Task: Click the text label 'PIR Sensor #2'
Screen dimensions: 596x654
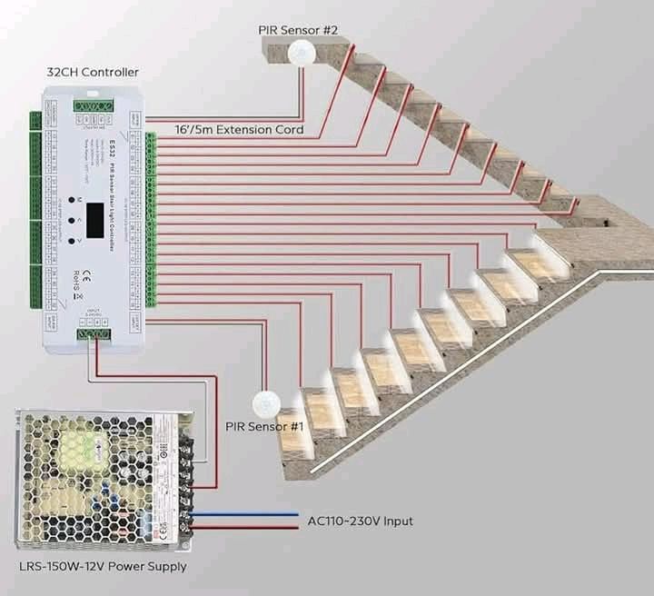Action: (297, 30)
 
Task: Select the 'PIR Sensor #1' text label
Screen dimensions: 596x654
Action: (264, 426)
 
